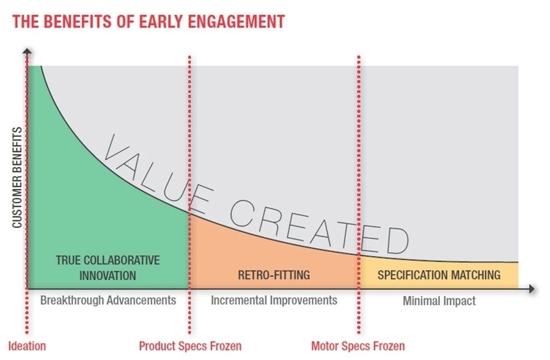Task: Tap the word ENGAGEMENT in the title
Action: (x=237, y=21)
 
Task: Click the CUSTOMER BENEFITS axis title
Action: (x=17, y=177)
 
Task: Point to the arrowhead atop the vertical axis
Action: (x=27, y=51)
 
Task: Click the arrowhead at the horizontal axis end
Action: (x=532, y=288)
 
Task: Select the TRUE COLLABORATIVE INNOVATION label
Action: (x=108, y=268)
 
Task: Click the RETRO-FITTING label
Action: (x=274, y=275)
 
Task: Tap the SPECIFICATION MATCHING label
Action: (x=439, y=275)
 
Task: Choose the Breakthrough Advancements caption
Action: (x=108, y=300)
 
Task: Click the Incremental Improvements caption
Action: (x=274, y=300)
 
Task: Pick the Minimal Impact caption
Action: (x=439, y=301)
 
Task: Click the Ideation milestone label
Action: (x=27, y=346)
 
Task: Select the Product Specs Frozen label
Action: (x=190, y=346)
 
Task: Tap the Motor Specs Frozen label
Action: (x=358, y=346)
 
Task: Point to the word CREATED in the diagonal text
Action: (x=319, y=228)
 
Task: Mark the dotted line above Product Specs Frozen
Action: (x=189, y=195)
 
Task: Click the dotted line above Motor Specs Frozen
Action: (x=359, y=195)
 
